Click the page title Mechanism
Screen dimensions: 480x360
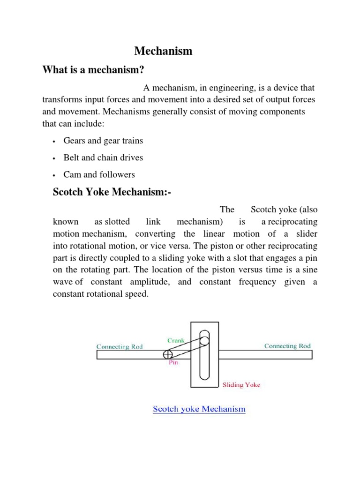tap(164, 51)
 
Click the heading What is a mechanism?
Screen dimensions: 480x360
tap(93, 70)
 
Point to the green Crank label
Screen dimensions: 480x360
tap(176, 341)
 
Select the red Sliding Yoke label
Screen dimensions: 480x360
tap(241, 385)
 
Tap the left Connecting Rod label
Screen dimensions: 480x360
tap(120, 347)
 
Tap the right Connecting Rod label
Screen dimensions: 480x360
tap(287, 346)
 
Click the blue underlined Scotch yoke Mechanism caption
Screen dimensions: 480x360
tap(199, 409)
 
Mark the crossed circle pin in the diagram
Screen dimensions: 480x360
tap(168, 354)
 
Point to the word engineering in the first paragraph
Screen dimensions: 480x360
tap(224, 88)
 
